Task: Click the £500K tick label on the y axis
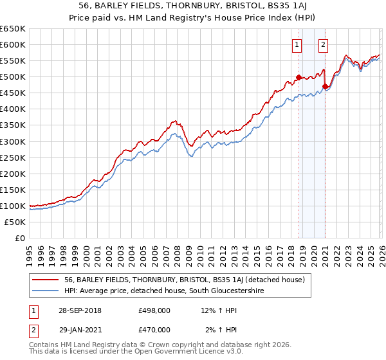coord(13,77)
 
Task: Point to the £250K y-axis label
coord(13,157)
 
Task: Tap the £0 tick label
coord(19,238)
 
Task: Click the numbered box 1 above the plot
coord(297,45)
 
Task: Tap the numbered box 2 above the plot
coord(322,45)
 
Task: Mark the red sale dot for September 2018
coord(299,78)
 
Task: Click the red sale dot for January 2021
coord(326,87)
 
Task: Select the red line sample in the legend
coord(46,280)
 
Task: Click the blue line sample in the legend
coord(46,291)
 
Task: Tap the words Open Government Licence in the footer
coord(170,353)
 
